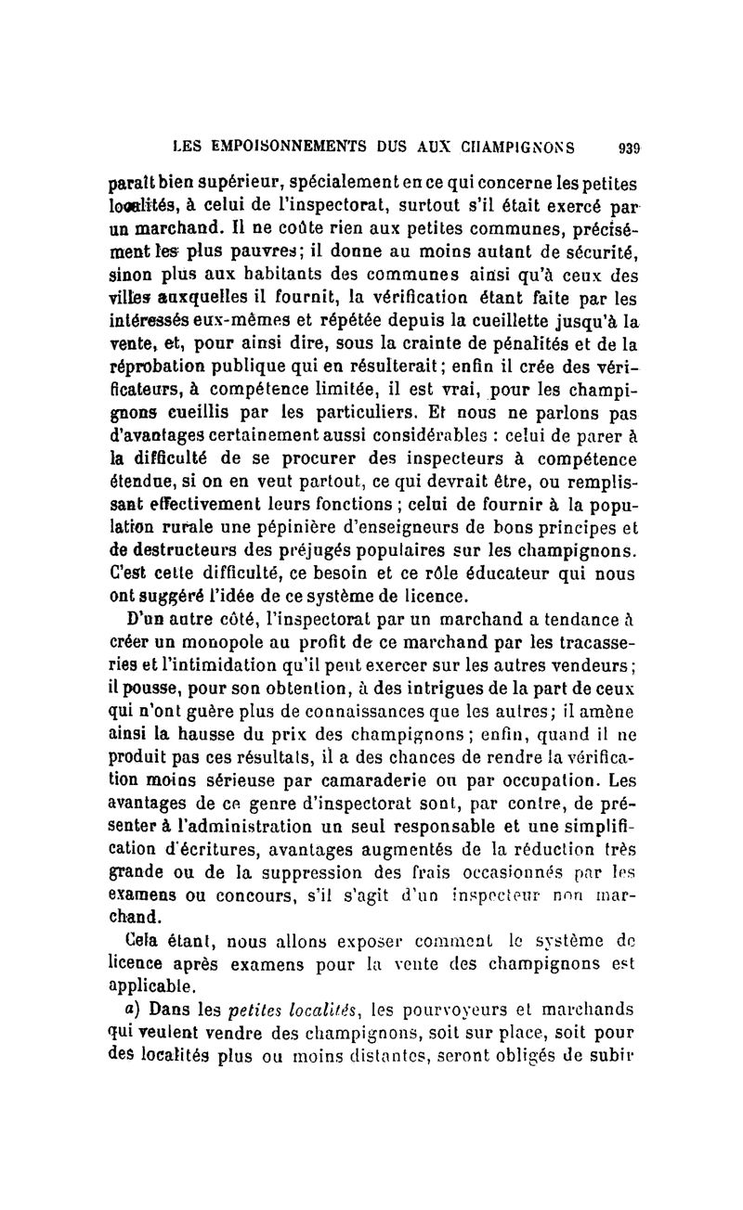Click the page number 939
629,146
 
